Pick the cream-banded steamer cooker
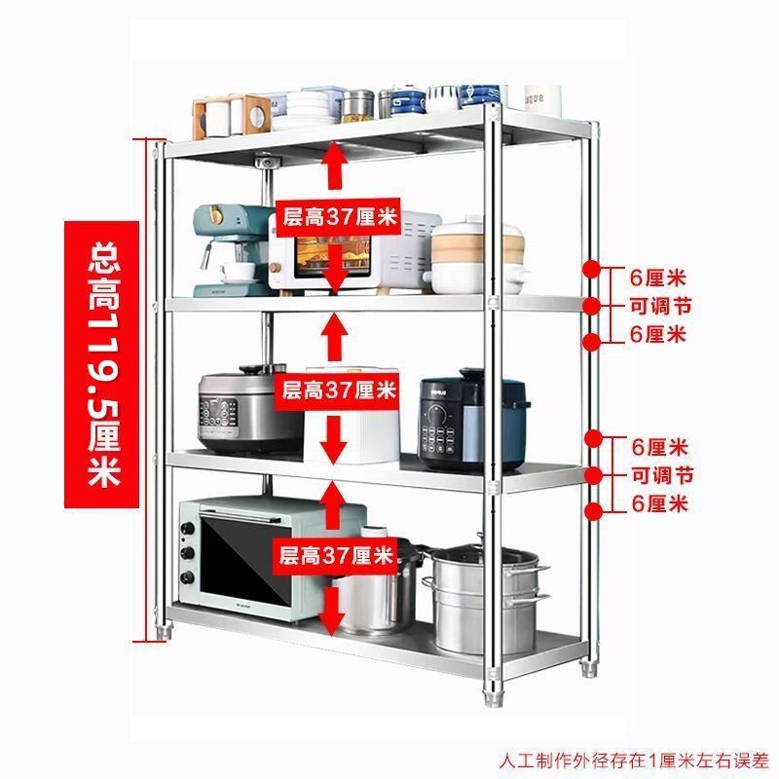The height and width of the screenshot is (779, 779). click(x=464, y=257)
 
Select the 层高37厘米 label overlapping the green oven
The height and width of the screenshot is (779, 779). click(x=336, y=556)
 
